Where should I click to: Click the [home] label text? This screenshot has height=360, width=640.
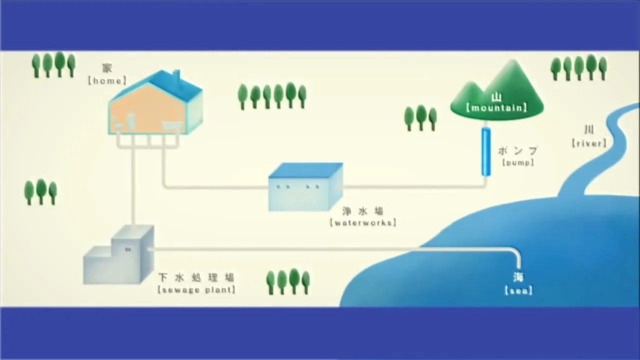[x=107, y=81]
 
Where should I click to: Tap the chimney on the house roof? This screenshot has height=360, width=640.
[x=177, y=76]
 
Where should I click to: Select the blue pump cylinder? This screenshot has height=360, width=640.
[x=485, y=151]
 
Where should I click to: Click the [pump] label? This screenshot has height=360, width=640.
[x=518, y=162]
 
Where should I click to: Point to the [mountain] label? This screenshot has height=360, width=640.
[x=496, y=108]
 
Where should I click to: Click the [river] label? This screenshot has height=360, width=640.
[x=589, y=143]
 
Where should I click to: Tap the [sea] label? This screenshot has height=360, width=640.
[x=518, y=291]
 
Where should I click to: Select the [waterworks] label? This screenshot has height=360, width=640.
[x=363, y=222]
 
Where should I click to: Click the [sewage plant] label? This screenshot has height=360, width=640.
[x=196, y=289]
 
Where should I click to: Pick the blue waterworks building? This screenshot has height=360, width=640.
[x=305, y=187]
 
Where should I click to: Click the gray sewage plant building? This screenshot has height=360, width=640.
[x=118, y=255]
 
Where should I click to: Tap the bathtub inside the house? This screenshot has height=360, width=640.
[x=173, y=126]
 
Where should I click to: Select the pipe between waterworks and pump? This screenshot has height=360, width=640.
[x=411, y=187]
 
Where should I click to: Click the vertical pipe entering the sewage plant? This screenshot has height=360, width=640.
[x=133, y=185]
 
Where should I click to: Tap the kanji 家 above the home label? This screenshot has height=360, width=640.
[x=107, y=68]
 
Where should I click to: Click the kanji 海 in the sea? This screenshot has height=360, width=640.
[x=518, y=277]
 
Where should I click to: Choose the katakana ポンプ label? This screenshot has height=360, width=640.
[x=517, y=151]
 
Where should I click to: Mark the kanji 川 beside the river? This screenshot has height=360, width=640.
[x=589, y=130]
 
